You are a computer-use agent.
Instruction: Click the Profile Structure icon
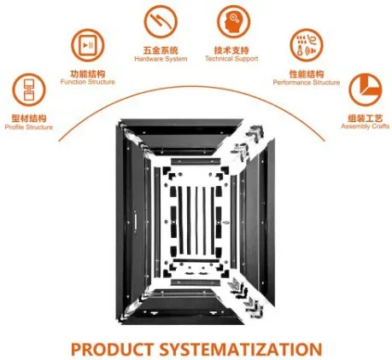tap(29, 90)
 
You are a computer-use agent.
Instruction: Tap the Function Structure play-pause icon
tap(88, 45)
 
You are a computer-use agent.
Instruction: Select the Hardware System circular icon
tap(161, 21)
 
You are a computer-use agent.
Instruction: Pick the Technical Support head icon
tap(234, 21)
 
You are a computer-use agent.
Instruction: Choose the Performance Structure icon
tap(307, 45)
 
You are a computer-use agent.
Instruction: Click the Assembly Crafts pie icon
tap(366, 90)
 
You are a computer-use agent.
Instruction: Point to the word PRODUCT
tap(112, 349)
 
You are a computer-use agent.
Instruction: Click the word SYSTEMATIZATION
tap(241, 349)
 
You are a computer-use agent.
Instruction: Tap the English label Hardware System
tap(161, 59)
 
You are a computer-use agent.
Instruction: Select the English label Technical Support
tap(231, 59)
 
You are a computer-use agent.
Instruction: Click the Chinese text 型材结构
tap(29, 119)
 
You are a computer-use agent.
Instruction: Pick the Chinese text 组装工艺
tap(366, 118)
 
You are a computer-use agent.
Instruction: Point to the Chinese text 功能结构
tap(88, 74)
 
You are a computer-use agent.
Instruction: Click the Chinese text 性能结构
tap(307, 74)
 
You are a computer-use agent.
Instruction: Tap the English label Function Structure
tap(88, 82)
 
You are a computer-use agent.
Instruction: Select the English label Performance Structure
tap(307, 83)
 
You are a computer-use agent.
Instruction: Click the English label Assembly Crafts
tap(366, 126)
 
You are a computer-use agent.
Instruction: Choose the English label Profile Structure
tap(29, 127)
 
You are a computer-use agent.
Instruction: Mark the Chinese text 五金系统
tap(161, 50)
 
